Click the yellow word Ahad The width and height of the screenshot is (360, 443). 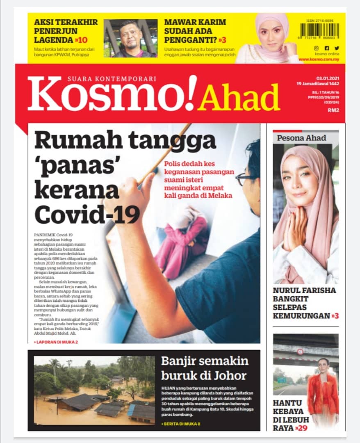[x=239, y=99]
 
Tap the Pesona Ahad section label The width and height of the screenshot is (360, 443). [x=301, y=138]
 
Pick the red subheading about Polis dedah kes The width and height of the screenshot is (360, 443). [x=199, y=179]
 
